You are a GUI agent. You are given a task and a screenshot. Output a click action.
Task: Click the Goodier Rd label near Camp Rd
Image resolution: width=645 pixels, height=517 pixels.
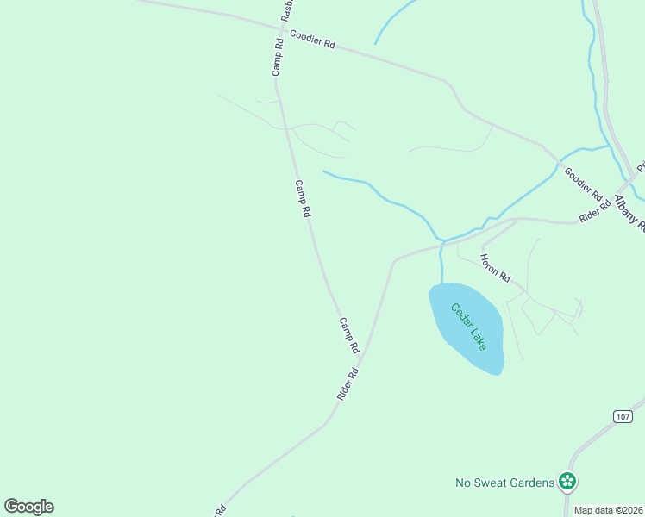tap(312, 40)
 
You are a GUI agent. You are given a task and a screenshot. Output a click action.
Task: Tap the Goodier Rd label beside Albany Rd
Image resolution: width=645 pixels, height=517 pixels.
tap(583, 180)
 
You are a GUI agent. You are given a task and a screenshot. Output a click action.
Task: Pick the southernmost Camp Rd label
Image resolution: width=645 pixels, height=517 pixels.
tap(348, 335)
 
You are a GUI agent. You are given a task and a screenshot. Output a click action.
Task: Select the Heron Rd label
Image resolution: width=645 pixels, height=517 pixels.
tap(496, 269)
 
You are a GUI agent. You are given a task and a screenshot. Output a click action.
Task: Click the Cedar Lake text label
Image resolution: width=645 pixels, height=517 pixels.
tap(467, 327)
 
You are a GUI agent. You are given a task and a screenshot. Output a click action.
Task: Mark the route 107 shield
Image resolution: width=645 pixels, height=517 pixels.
tap(623, 416)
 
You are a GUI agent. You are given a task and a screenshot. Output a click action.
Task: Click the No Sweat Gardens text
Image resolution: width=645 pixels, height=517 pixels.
tap(504, 483)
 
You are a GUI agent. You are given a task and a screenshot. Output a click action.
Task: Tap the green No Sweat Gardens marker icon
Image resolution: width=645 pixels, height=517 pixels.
tap(567, 481)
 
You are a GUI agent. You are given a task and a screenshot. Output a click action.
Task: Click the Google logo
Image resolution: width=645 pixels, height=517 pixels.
tap(28, 507)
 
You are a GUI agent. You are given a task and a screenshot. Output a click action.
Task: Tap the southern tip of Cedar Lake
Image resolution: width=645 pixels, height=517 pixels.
tap(498, 373)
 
